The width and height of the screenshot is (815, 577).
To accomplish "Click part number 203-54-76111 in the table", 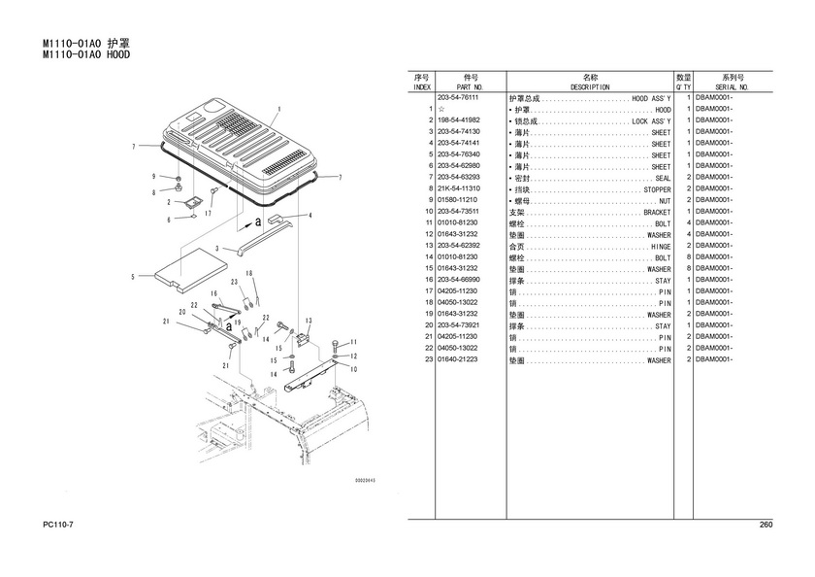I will pos(459,98).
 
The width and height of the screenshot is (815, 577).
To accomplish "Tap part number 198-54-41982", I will pos(459,119).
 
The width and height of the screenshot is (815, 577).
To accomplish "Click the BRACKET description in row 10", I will pos(657,212).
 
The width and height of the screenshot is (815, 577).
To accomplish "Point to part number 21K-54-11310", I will pos(459,188).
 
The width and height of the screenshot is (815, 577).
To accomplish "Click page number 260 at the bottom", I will pos(765,526).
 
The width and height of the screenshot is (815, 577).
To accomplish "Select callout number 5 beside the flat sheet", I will pos(133,278).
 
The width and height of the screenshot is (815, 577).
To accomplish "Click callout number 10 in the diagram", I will pos(353,369).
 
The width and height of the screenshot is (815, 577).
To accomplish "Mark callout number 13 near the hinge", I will pos(308,321).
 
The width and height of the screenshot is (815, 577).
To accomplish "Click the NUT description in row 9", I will pos(665,200).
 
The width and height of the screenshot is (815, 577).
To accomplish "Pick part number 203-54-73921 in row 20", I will pos(459,325).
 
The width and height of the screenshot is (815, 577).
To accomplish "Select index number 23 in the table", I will pos(427,360).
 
